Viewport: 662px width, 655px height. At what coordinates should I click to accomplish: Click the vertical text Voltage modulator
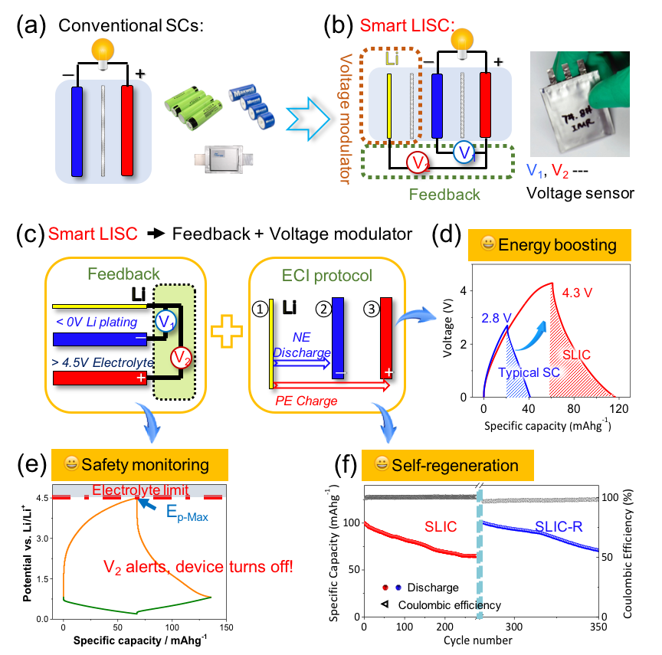tap(345, 119)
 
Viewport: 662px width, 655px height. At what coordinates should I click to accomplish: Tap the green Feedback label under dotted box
tap(444, 195)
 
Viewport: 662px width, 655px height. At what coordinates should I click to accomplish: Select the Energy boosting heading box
tap(549, 245)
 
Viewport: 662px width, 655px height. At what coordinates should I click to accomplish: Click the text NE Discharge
tap(301, 345)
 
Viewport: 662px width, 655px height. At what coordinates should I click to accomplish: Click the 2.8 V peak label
tap(496, 317)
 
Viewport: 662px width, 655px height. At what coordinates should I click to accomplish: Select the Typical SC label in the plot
tap(529, 373)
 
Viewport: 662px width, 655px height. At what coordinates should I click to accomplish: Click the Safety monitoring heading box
tap(139, 464)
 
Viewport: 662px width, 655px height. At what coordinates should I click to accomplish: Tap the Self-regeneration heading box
tap(448, 465)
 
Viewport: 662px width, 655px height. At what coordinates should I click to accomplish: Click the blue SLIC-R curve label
tap(559, 526)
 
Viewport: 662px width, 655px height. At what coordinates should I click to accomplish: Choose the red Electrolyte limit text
tap(140, 490)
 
